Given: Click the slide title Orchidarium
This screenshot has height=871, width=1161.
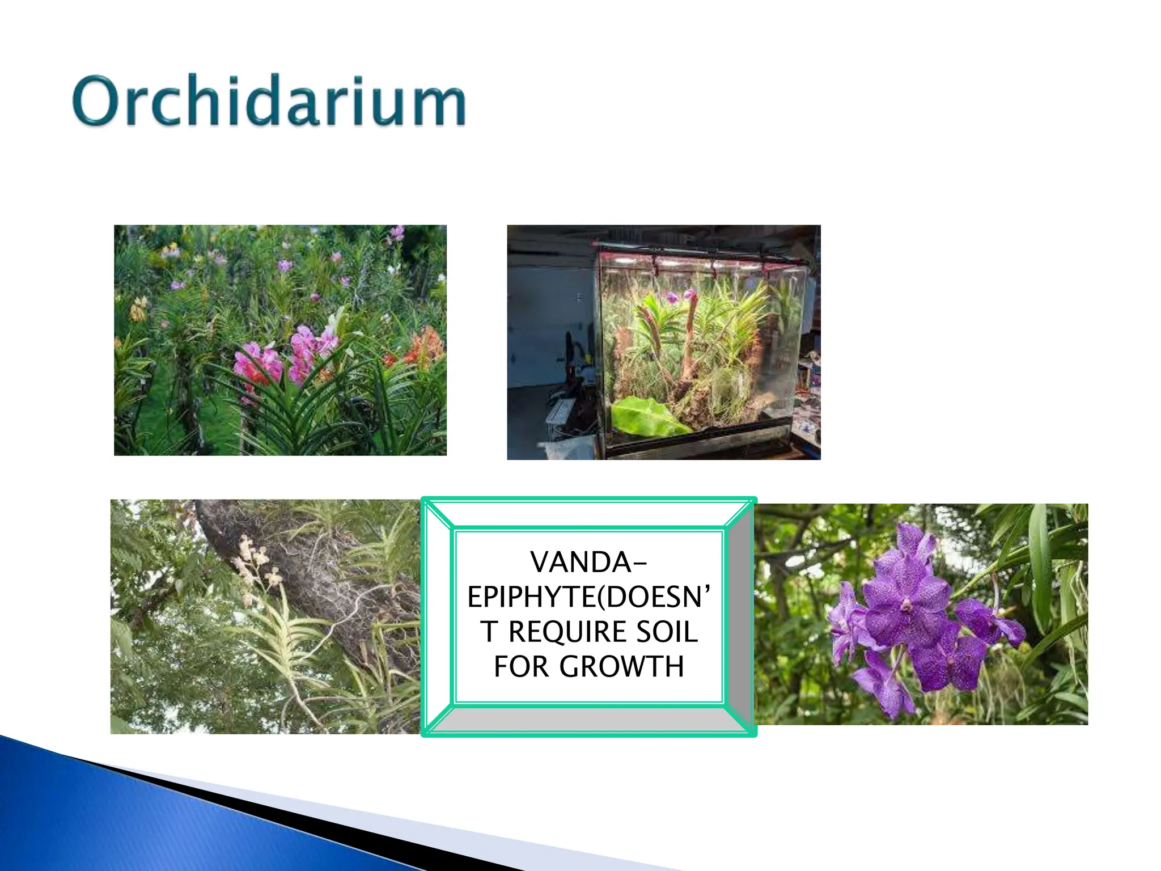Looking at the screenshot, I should (269, 101).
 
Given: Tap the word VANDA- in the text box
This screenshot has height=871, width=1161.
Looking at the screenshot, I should (588, 563).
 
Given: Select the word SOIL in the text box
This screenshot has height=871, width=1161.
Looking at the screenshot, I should (667, 632).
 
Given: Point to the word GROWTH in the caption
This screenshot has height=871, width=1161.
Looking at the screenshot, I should (622, 667).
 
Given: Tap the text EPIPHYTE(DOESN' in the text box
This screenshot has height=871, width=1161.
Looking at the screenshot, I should (588, 597).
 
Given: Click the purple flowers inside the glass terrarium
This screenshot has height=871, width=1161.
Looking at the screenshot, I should (680, 296).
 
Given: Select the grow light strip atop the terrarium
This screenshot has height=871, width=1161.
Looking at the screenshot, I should (703, 262).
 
